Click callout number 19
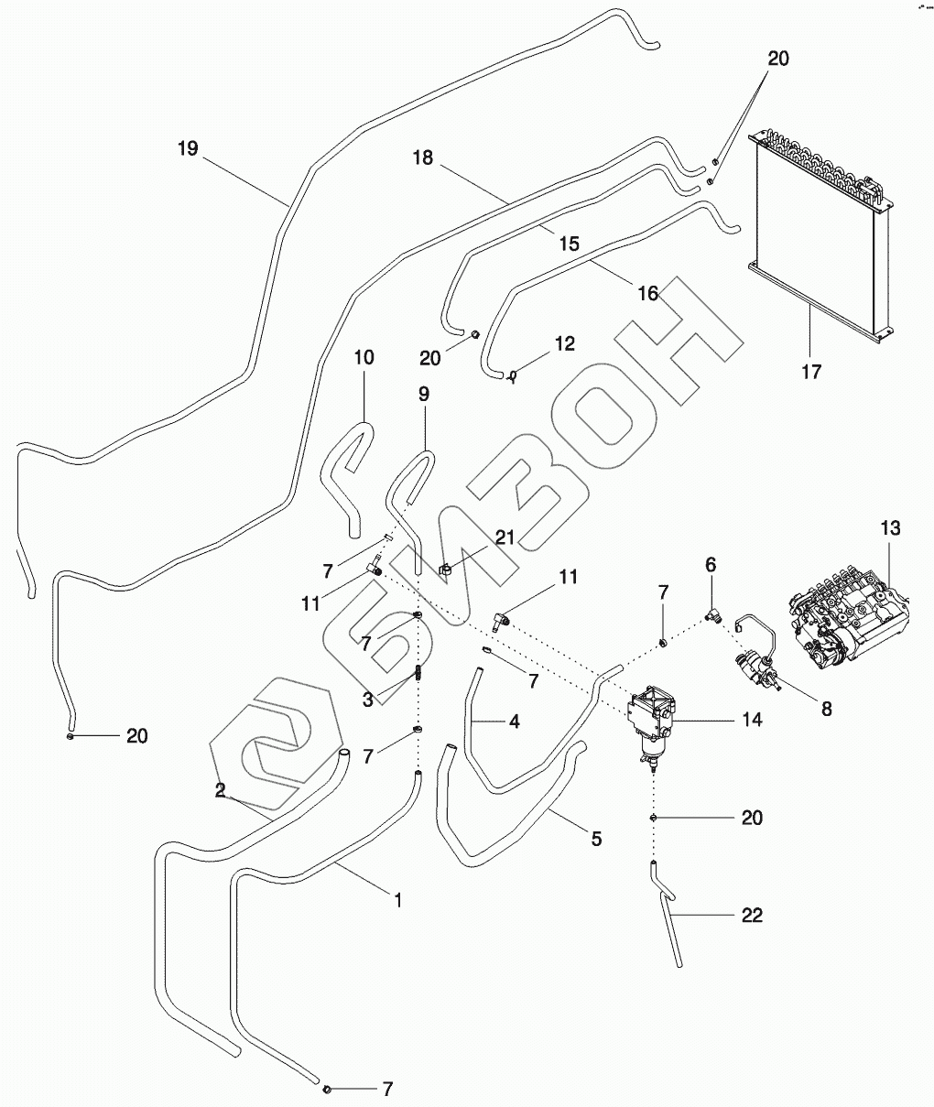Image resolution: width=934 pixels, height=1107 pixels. point(188,148)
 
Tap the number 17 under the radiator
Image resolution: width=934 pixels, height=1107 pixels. point(811,371)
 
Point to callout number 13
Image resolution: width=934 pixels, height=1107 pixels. point(890,528)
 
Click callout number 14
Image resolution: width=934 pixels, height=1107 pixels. point(751,721)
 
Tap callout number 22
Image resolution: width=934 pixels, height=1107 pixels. point(751,915)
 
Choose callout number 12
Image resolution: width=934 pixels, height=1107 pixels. point(564,344)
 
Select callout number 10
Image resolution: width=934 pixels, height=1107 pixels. point(364,357)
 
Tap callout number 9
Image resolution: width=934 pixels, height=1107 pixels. point(424,396)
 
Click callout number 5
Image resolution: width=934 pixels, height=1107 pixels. point(596,838)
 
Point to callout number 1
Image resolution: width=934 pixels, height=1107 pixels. point(397,900)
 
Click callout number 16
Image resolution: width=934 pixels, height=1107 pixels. point(647,293)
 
